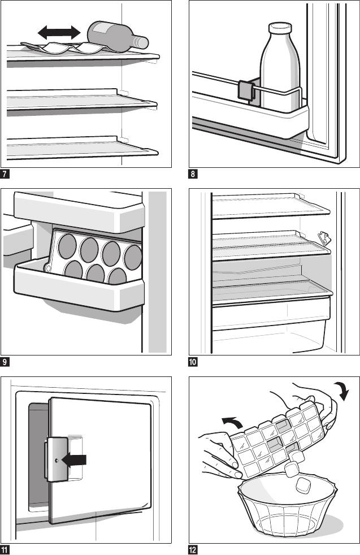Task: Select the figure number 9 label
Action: pyautogui.click(x=5, y=361)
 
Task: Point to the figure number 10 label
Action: pyautogui.click(x=193, y=361)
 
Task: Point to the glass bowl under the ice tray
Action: pyautogui.click(x=290, y=511)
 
